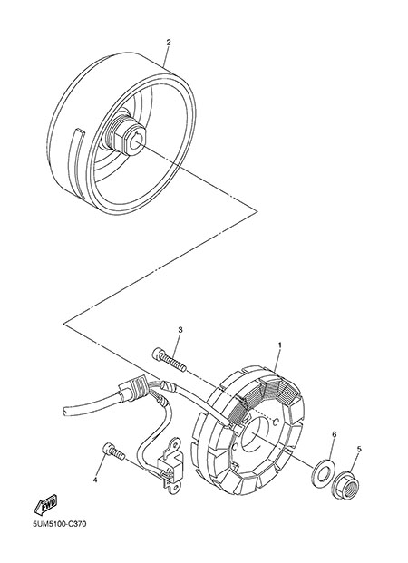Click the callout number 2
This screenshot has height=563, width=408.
click(x=168, y=42)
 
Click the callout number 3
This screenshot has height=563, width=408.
click(x=180, y=330)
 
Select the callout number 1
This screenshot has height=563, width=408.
click(x=280, y=345)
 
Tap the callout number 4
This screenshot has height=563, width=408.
click(x=95, y=480)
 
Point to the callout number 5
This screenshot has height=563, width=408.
click(x=359, y=449)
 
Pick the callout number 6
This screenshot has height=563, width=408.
click(x=334, y=435)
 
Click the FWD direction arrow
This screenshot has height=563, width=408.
click(x=45, y=504)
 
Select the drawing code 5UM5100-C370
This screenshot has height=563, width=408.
click(x=60, y=524)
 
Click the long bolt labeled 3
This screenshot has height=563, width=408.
click(x=170, y=359)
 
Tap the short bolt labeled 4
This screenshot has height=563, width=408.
click(x=114, y=451)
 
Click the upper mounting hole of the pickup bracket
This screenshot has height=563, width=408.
click(x=176, y=444)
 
